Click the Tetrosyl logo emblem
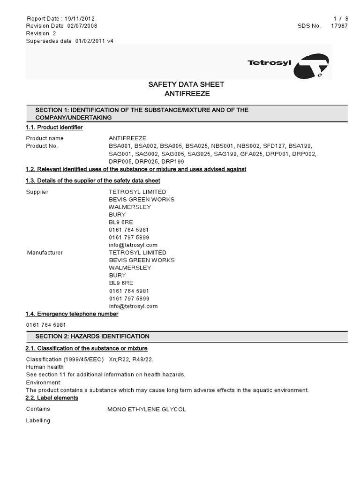click(311, 66)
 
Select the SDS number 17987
click(339, 26)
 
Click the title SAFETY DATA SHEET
click(186, 84)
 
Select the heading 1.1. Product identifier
click(54, 127)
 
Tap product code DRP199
click(172, 161)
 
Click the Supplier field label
click(37, 192)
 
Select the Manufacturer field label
click(45, 253)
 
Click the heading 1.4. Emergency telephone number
click(72, 314)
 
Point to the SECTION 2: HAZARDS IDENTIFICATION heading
click(92, 336)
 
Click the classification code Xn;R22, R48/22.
click(131, 359)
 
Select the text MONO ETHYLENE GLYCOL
click(146, 409)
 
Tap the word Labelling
click(38, 420)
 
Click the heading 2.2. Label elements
click(52, 397)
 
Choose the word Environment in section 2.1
click(43, 382)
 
